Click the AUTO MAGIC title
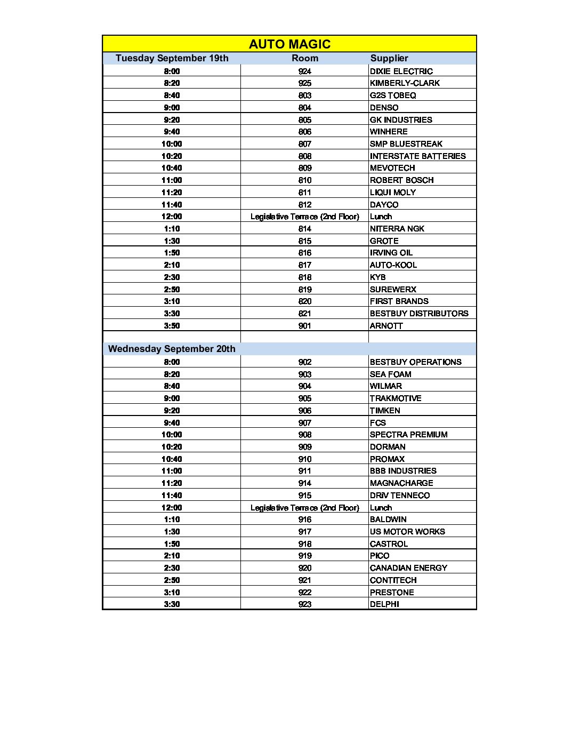(x=289, y=44)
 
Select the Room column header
(x=304, y=58)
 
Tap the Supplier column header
(x=389, y=58)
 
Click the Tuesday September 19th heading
(x=172, y=58)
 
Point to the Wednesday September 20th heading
(x=172, y=349)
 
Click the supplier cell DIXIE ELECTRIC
(x=401, y=71)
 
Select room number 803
(x=304, y=95)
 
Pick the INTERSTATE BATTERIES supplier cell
(x=417, y=156)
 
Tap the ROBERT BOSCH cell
(x=401, y=180)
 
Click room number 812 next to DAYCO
(x=304, y=204)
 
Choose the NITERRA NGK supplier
(x=397, y=229)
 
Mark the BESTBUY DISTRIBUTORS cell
(x=419, y=314)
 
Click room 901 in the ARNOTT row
(x=304, y=326)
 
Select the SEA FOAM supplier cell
(x=390, y=374)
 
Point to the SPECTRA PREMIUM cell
(x=408, y=435)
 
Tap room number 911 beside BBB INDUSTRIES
(x=304, y=471)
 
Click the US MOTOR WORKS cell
(x=407, y=532)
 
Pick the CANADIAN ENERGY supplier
(x=408, y=568)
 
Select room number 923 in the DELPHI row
(x=304, y=604)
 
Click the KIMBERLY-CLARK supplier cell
(x=405, y=83)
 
